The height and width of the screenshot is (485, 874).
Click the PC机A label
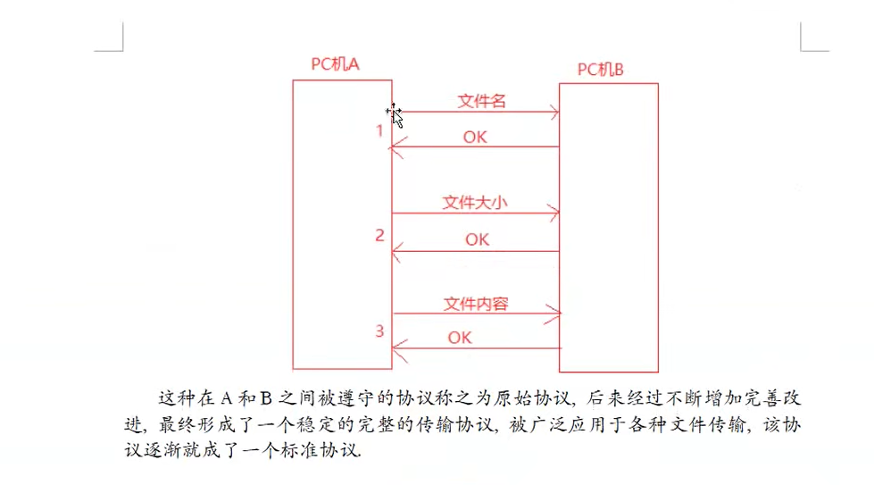(x=335, y=64)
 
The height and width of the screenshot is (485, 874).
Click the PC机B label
(x=600, y=69)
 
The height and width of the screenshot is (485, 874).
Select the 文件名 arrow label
(x=482, y=101)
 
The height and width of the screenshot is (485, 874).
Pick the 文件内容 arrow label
(x=476, y=304)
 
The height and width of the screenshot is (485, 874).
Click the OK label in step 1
(x=475, y=137)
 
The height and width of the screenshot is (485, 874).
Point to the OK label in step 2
(x=477, y=239)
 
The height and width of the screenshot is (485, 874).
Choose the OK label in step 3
(x=459, y=338)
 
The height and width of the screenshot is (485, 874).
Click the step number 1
(x=379, y=131)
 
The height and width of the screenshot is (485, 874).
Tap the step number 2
(x=379, y=236)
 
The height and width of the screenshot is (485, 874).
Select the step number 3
(x=379, y=331)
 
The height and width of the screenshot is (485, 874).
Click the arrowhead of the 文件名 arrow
(x=555, y=113)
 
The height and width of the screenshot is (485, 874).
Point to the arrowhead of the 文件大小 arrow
(x=555, y=213)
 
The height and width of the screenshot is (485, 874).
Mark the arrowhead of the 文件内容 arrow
(x=556, y=314)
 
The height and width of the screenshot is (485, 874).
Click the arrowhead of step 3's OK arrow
(x=397, y=348)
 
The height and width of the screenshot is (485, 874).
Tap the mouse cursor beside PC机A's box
(x=395, y=114)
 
